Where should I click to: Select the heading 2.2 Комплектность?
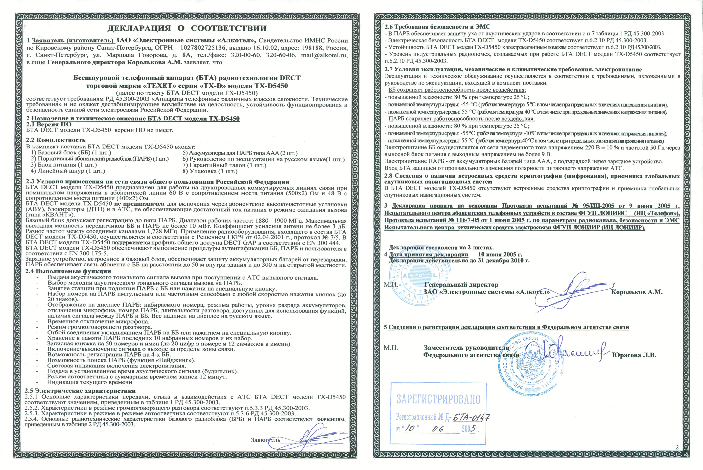[x=56, y=140]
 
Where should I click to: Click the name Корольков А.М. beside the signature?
[x=636, y=292]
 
